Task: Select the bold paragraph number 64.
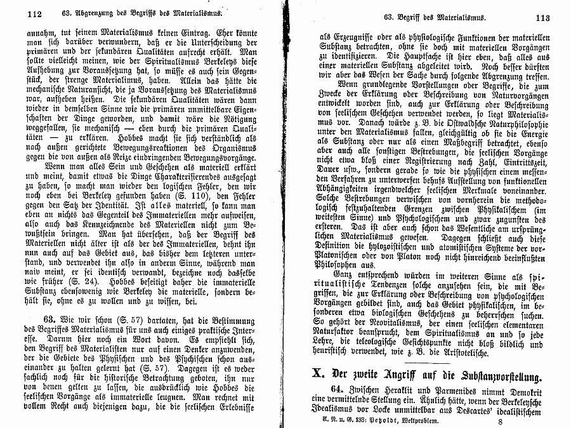[x=339, y=389]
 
